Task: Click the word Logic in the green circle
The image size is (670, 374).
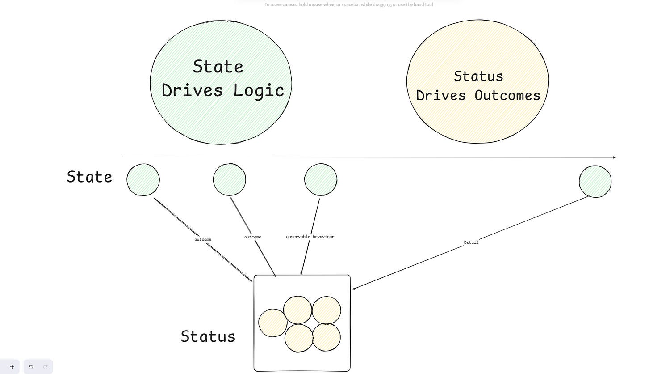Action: (x=259, y=91)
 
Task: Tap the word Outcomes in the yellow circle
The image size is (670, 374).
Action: (x=507, y=95)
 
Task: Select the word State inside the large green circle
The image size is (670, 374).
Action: (x=218, y=67)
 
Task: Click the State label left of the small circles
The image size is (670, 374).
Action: (x=89, y=177)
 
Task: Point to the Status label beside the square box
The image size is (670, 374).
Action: (x=208, y=336)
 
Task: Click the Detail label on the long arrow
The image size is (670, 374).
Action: (x=471, y=242)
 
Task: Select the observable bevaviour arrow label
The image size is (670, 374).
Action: (x=310, y=237)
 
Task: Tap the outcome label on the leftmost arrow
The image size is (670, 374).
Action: (x=203, y=240)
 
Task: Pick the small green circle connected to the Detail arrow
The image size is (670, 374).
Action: (x=595, y=182)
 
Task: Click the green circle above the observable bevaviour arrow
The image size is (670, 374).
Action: (x=320, y=180)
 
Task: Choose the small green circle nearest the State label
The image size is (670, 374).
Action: (x=143, y=180)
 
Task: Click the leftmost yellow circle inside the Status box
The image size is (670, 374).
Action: (x=272, y=323)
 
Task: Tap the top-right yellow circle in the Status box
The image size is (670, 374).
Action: (x=326, y=310)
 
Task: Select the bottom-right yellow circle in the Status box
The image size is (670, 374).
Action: (x=326, y=337)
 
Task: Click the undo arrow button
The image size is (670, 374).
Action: (x=31, y=367)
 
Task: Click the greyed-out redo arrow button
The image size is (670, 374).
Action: (x=45, y=367)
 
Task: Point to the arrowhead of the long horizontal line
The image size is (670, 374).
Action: (x=615, y=157)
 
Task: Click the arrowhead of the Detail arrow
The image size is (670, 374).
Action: (x=354, y=289)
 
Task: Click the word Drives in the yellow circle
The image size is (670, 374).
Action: (x=441, y=95)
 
